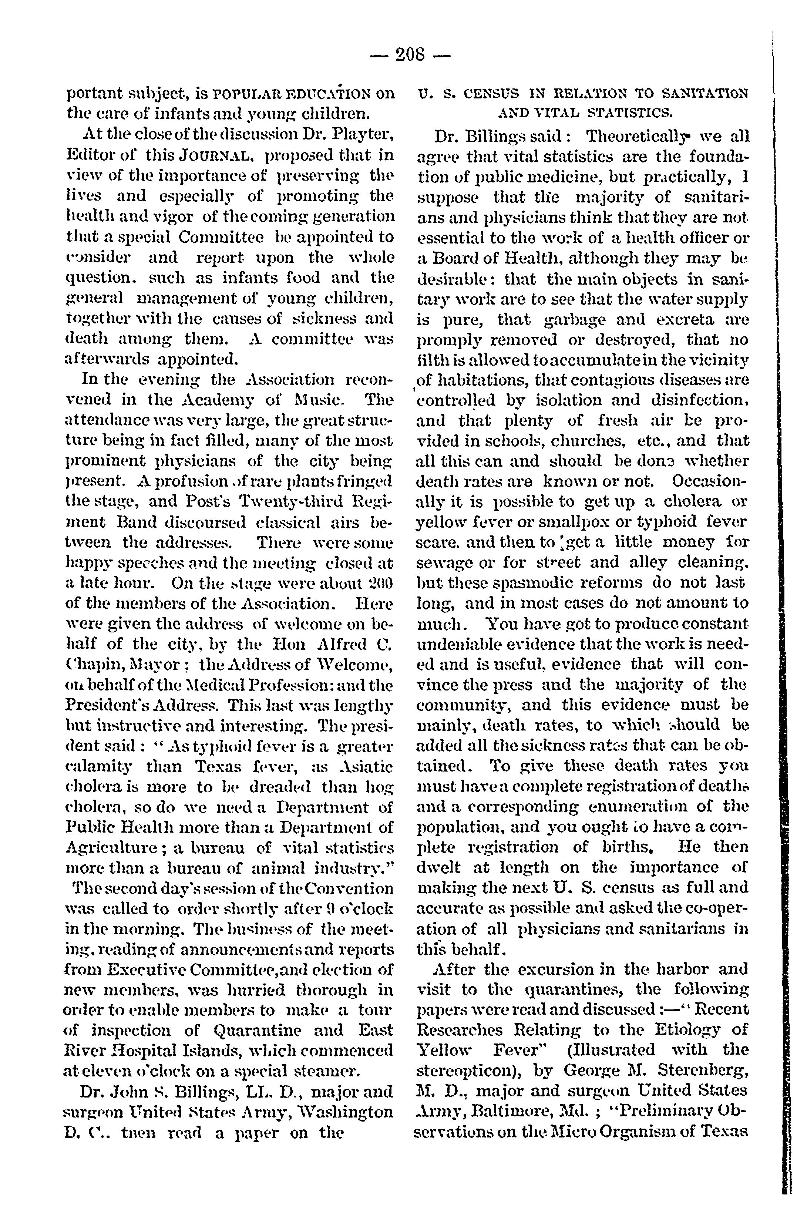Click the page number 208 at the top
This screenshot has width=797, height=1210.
(410, 54)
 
